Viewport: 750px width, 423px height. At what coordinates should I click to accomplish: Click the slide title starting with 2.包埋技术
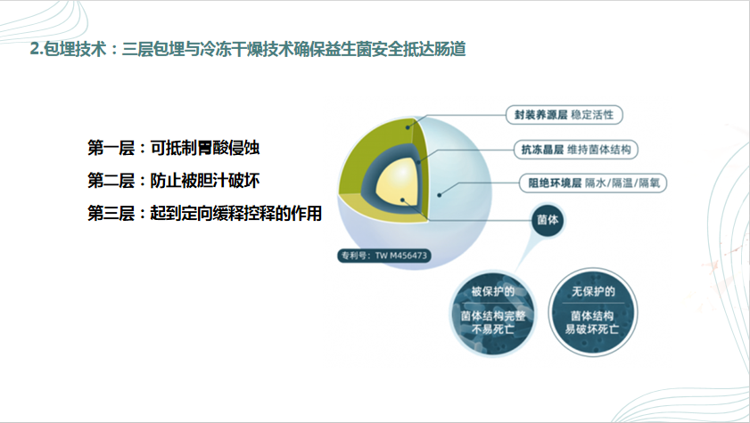[x=248, y=49]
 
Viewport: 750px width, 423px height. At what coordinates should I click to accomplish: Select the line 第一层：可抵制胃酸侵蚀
[x=173, y=148]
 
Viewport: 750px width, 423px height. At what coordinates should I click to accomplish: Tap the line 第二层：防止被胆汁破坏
[x=173, y=181]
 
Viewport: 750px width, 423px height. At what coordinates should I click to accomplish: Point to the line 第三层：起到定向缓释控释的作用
[x=204, y=213]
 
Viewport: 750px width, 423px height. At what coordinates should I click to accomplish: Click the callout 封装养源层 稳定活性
[x=565, y=115]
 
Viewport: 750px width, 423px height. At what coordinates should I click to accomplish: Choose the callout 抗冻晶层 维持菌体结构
[x=576, y=150]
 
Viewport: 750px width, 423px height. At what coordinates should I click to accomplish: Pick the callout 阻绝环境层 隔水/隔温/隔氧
[x=594, y=183]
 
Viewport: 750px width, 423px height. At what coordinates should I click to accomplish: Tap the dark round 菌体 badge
[x=548, y=220]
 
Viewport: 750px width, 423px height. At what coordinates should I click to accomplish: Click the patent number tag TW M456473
[x=384, y=256]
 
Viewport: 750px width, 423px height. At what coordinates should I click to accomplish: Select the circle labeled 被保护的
[x=492, y=313]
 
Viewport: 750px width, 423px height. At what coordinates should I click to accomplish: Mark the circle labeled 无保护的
[x=593, y=312]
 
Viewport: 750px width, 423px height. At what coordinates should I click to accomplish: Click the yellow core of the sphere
[x=398, y=183]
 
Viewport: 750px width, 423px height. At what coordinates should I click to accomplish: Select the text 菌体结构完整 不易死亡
[x=492, y=322]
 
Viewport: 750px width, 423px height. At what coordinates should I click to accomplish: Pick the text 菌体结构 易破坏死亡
[x=592, y=322]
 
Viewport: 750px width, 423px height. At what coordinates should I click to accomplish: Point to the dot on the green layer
[x=408, y=127]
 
